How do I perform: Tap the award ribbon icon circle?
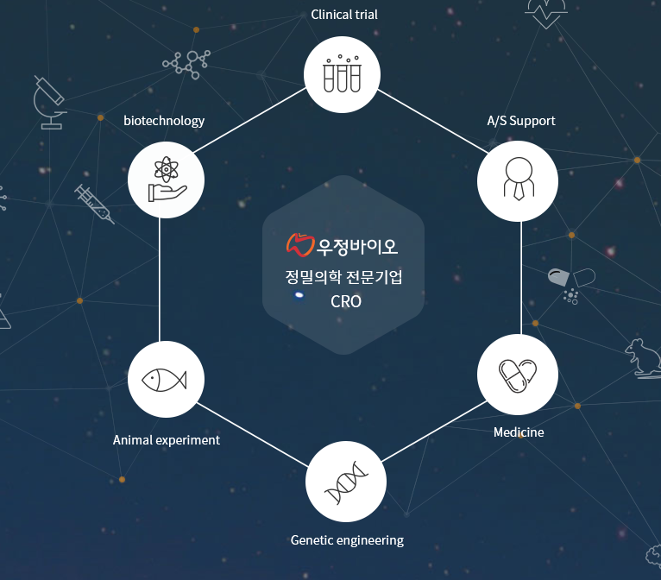click(x=518, y=180)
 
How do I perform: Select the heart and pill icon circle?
click(x=518, y=375)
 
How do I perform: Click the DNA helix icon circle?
click(x=346, y=482)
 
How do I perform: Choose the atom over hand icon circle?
click(x=166, y=181)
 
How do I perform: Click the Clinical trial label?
click(x=344, y=14)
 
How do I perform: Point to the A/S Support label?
click(x=521, y=121)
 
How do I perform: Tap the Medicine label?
click(x=519, y=432)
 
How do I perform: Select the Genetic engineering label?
click(x=347, y=540)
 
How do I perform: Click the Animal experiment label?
click(x=167, y=440)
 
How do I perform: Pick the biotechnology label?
click(x=164, y=121)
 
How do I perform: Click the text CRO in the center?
click(x=346, y=302)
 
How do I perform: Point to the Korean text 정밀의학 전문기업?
click(x=344, y=278)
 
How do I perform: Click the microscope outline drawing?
click(x=48, y=102)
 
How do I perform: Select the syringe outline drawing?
click(x=94, y=204)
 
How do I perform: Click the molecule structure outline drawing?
click(x=187, y=62)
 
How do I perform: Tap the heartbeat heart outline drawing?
click(x=546, y=12)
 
